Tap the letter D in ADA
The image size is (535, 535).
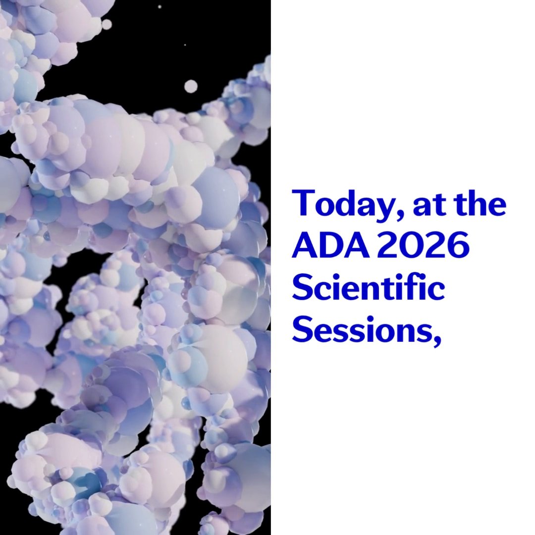(x=331, y=245)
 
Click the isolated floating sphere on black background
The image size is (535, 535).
(x=191, y=86)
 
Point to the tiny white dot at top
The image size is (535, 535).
(x=160, y=7)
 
